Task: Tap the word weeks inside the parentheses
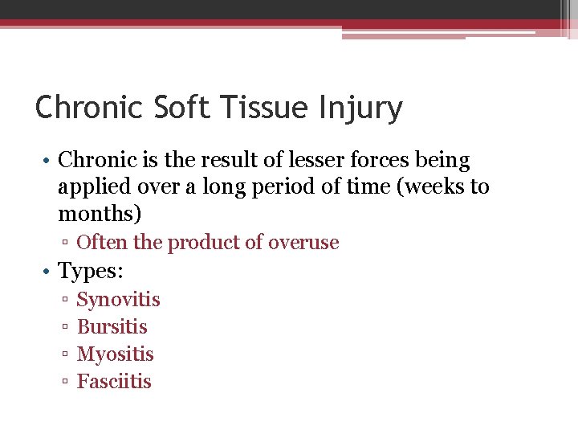point(431,187)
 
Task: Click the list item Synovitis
point(118,300)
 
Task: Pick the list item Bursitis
point(112,327)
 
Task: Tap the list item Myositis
point(115,354)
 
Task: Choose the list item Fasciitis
point(114,382)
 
